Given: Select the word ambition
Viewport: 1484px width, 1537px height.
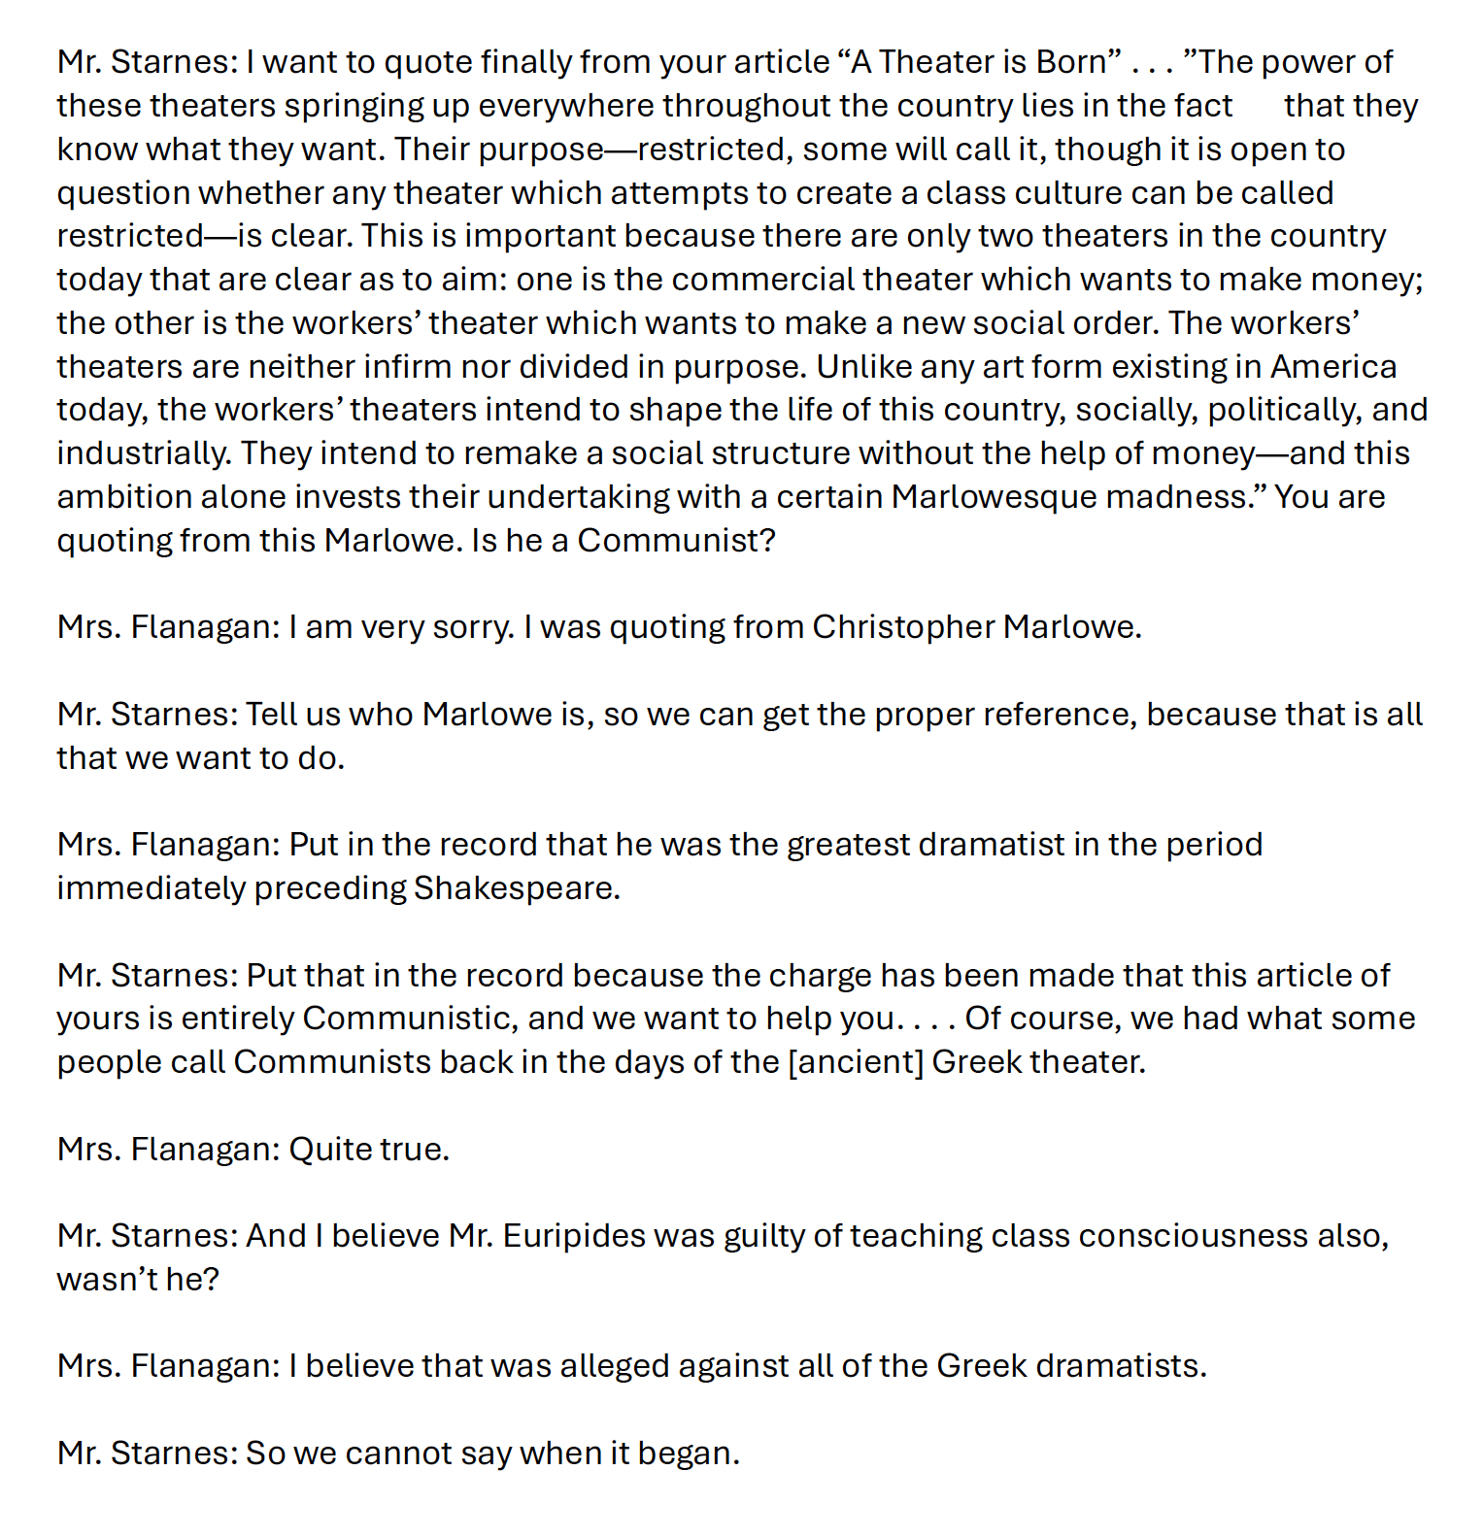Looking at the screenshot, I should tap(123, 497).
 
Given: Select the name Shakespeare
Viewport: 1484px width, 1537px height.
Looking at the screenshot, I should tap(516, 888).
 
